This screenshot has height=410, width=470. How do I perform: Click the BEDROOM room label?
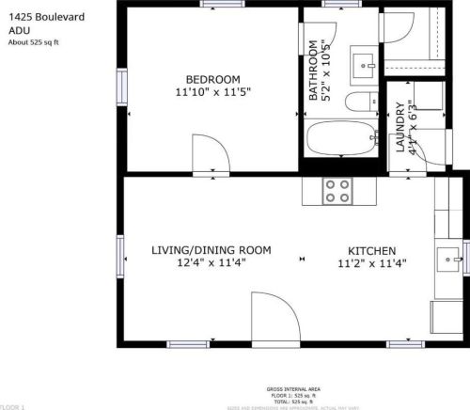212,79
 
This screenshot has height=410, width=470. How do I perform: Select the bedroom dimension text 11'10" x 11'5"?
212,92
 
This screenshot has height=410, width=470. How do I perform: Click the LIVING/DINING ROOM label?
211,250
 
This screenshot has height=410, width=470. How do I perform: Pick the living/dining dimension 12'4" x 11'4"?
211,263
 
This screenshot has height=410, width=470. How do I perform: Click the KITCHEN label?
371,250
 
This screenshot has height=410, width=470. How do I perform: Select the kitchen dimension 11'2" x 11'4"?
371,263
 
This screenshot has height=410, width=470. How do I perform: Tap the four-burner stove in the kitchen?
337,191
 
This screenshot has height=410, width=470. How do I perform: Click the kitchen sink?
450,255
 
